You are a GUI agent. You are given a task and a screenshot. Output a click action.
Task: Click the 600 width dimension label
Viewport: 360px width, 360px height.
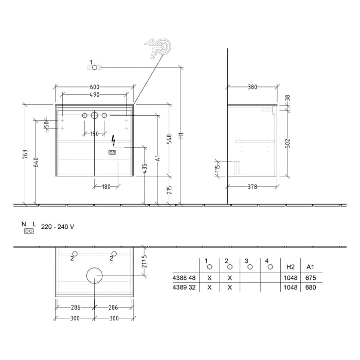[94, 87]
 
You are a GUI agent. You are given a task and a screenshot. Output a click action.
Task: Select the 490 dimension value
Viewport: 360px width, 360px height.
[94, 95]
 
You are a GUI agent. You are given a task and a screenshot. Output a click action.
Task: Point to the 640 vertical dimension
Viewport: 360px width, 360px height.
[35, 161]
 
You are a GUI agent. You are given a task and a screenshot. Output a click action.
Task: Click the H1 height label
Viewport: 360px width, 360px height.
[181, 137]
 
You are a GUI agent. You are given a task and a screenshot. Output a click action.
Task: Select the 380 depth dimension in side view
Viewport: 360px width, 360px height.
[252, 87]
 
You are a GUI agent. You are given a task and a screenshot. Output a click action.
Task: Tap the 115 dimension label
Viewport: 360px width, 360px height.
[218, 167]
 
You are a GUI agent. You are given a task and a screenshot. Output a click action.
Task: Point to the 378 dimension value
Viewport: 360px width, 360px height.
[252, 187]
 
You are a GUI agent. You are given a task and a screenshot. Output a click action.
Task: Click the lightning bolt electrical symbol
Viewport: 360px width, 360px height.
[114, 140]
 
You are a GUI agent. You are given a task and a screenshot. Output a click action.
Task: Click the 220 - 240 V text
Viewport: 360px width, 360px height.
[58, 226]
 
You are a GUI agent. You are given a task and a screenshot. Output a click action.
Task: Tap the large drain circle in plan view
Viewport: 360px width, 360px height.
[94, 276]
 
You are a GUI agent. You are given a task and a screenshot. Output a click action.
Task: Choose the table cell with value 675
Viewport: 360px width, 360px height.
[310, 278]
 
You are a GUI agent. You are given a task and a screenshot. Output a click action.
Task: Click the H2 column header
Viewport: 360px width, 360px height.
[290, 267]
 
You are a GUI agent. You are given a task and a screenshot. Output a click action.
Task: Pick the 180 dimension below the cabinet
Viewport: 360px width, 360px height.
[105, 187]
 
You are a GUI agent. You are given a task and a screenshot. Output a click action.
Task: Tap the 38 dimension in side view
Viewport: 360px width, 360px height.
[287, 98]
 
